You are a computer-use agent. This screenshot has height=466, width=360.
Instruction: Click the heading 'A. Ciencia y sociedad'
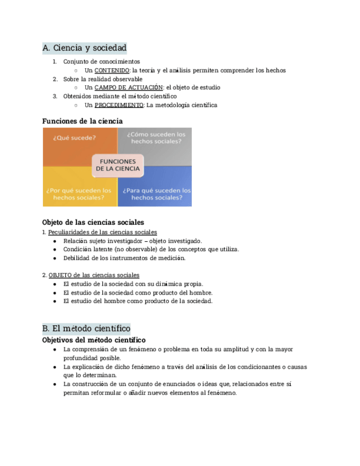tap(84, 48)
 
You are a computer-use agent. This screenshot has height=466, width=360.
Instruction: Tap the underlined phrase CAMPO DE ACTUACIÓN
tap(129, 87)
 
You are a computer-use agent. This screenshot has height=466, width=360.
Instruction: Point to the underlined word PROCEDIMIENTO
tap(119, 105)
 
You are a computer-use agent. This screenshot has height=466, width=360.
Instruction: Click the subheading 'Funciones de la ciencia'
tap(82, 121)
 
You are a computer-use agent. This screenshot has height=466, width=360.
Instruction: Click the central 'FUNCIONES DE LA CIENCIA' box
tap(118, 165)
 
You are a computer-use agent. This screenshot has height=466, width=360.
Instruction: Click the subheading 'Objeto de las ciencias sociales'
tap(93, 223)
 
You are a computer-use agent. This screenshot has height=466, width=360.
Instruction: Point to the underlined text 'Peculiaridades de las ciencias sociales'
tap(102, 232)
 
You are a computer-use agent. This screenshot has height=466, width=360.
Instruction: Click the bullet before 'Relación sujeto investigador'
tap(54, 241)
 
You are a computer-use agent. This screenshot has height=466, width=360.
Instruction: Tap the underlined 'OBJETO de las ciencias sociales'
tap(93, 275)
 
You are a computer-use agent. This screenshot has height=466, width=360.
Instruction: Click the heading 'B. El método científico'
tap(86, 329)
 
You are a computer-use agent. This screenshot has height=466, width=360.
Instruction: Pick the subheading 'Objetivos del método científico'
tap(93, 340)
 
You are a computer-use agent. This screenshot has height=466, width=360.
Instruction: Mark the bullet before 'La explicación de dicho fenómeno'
tap(54, 367)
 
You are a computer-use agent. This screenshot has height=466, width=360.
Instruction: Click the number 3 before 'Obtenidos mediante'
tap(55, 96)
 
